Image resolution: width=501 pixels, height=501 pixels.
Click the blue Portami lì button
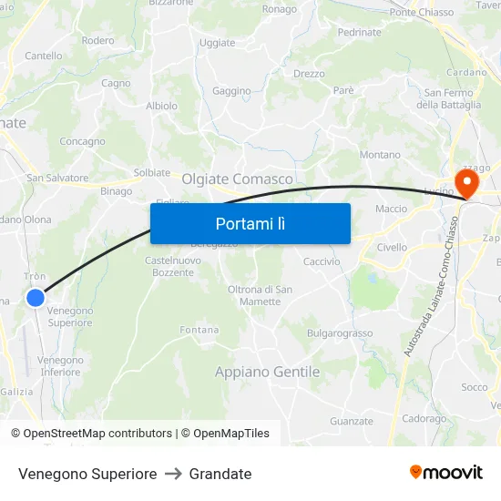[250, 223]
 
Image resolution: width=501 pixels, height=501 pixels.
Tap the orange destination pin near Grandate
[465, 183]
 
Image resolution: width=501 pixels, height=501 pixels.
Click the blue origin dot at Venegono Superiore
[36, 298]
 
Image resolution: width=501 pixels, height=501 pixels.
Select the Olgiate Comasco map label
[238, 179]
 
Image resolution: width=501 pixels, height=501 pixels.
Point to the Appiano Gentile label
[267, 372]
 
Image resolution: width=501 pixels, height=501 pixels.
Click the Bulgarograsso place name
[339, 333]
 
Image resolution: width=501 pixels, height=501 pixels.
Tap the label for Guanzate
[352, 421]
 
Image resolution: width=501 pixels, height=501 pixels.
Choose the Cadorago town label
[424, 419]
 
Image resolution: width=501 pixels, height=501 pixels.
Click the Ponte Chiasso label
[421, 12]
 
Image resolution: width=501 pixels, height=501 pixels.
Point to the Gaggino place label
[231, 91]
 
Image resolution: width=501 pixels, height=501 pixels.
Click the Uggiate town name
[217, 43]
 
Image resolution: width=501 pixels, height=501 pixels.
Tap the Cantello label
[44, 56]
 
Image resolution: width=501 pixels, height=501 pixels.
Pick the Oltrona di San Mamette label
[260, 295]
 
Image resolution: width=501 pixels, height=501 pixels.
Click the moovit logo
[445, 472]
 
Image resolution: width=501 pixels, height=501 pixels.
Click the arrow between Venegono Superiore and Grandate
[173, 474]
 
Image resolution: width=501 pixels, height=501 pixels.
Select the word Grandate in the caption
[220, 474]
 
